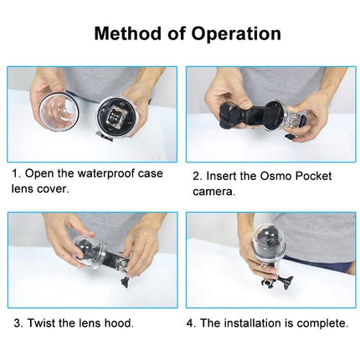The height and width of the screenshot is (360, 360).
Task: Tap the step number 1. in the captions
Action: [16, 174]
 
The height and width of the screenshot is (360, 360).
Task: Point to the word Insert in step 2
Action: [228, 176]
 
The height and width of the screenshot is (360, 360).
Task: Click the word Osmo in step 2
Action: [271, 176]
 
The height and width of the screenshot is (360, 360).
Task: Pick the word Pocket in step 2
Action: [311, 176]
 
